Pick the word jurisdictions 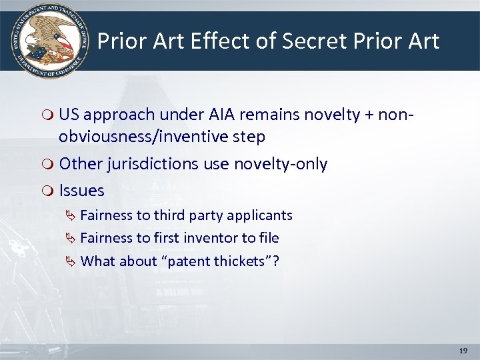[142, 164]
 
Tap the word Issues [82, 191]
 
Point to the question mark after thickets [275, 261]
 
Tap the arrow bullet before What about [71, 261]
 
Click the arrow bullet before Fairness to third [71, 215]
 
